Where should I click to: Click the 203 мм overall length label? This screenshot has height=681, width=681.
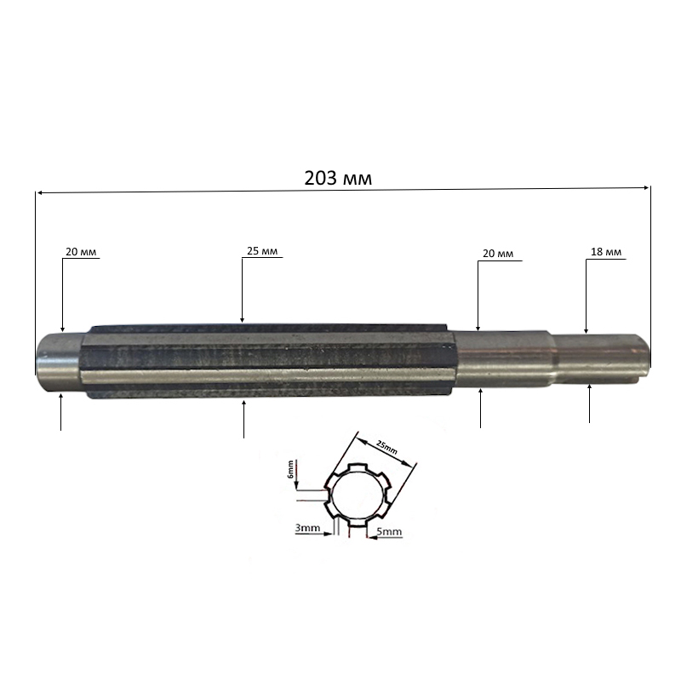point(338,178)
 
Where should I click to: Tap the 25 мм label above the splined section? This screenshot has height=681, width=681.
point(262,250)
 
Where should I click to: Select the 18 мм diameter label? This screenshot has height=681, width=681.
point(606,251)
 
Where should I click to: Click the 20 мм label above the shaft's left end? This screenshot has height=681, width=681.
point(81,251)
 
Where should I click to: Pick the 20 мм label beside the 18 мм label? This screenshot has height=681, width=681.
point(498,253)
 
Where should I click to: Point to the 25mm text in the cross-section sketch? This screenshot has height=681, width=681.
point(386,447)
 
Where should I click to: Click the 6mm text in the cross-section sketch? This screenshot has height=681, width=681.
point(290,469)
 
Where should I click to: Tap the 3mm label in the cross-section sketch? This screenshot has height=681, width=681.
point(307,528)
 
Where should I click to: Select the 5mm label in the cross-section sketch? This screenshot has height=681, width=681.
point(389,531)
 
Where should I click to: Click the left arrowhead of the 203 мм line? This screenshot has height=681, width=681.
point(39,192)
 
